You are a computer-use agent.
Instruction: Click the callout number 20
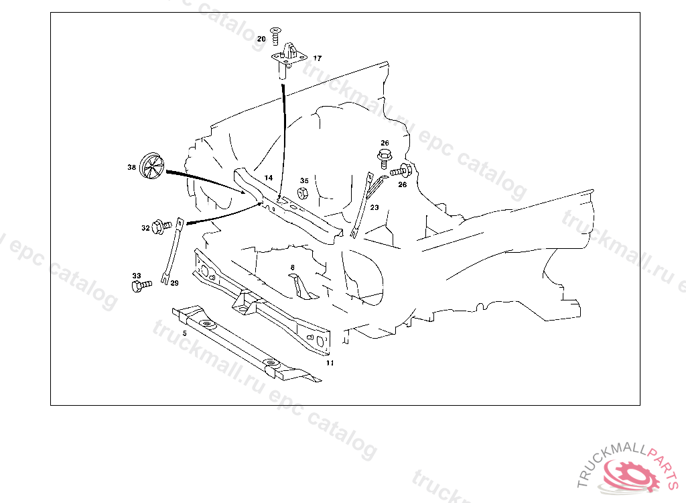coord(261,39)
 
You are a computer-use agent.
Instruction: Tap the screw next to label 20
coord(275,36)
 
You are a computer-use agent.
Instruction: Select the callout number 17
coord(317,58)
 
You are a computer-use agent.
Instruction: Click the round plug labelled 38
coord(151,166)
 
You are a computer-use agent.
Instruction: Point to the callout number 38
coord(132,168)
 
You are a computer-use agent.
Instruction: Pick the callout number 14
coord(269,178)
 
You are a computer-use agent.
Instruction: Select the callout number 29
coord(175,283)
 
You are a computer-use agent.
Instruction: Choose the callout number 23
coord(374,207)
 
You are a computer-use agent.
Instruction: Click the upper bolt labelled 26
coord(384,158)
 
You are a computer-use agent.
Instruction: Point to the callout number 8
coord(292,268)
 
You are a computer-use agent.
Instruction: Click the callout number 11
coord(330,363)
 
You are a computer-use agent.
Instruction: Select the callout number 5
coord(185,333)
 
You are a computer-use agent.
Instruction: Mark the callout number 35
coord(305,180)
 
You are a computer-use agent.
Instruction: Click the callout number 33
coord(137,276)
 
